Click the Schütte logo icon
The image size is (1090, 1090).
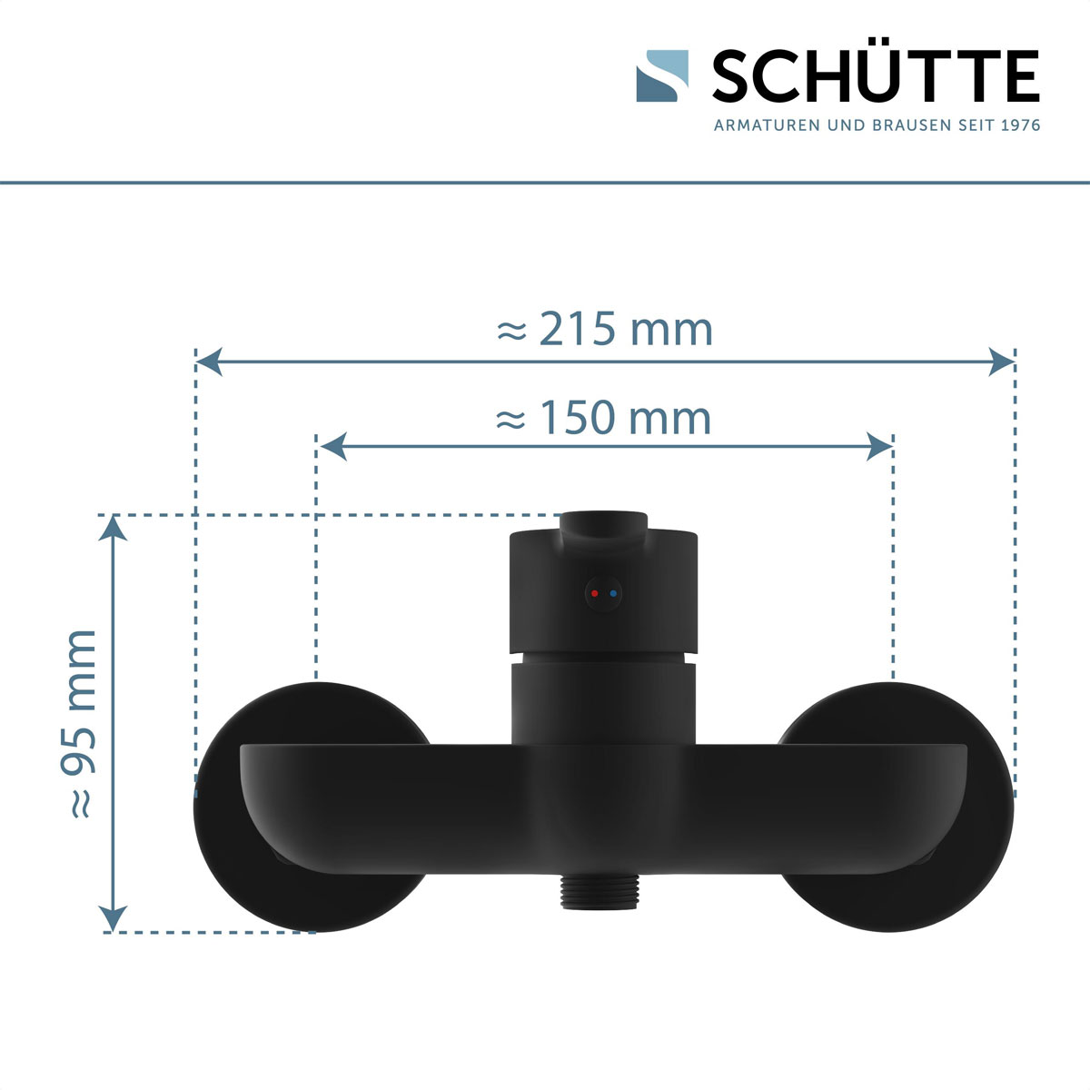pyautogui.click(x=661, y=75)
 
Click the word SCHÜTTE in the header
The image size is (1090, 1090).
pyautogui.click(x=875, y=76)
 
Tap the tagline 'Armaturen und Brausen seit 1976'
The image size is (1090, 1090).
pyautogui.click(x=877, y=125)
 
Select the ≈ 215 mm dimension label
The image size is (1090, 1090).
pyautogui.click(x=605, y=329)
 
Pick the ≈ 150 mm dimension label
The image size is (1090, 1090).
pyautogui.click(x=604, y=419)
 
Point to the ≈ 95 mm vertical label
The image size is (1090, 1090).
pyautogui.click(x=83, y=723)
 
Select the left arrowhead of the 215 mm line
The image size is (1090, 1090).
pyautogui.click(x=208, y=362)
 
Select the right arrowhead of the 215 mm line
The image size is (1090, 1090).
pyautogui.click(x=1003, y=362)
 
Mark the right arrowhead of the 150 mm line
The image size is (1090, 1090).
pyautogui.click(x=880, y=446)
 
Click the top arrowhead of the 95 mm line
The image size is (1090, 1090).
pyautogui.click(x=114, y=527)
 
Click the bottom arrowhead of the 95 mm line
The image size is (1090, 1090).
pyautogui.click(x=114, y=919)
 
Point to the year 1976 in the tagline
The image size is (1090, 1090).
pyautogui.click(x=1019, y=125)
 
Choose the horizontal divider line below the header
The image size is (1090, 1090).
pyautogui.click(x=545, y=183)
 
